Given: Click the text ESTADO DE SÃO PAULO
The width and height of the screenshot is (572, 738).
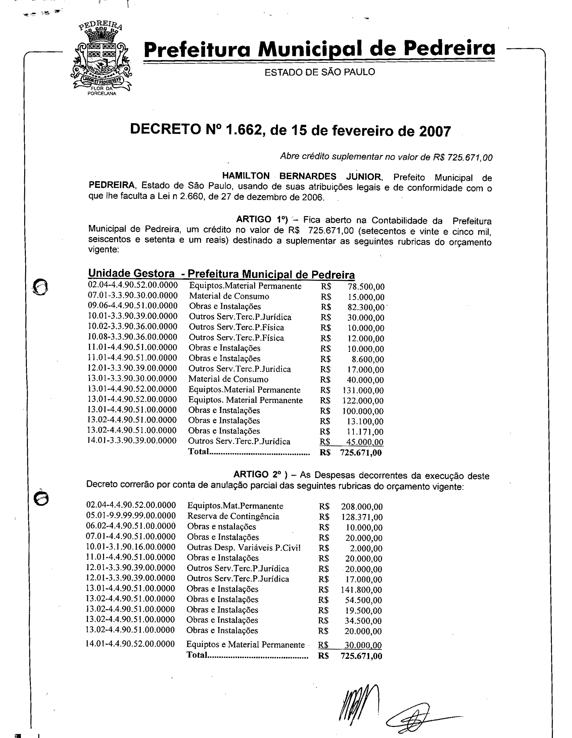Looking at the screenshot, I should tap(320, 72).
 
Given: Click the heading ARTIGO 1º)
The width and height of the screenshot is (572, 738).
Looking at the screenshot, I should tap(261, 220).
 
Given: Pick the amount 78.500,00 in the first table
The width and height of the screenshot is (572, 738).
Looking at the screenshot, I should tap(366, 287).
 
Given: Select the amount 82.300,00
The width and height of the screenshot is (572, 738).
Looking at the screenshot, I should tap(366, 308).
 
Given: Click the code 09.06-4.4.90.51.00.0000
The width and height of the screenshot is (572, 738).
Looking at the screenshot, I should tap(133, 306).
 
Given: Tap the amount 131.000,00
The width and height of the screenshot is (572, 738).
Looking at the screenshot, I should tap(363, 390).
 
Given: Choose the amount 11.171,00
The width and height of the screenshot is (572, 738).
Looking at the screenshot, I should tap(365, 432).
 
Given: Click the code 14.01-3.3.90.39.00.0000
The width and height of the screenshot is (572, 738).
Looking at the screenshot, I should tap(132, 441).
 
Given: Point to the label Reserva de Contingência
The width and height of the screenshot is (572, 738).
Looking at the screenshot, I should tap(233, 516).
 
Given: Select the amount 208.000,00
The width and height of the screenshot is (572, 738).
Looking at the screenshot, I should tap(362, 507).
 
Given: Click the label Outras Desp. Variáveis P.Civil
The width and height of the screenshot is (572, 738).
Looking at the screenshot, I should tap(244, 547).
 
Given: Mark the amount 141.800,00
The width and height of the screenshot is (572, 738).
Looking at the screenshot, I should tap(362, 590).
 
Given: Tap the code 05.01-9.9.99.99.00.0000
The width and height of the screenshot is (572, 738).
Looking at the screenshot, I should tap(131, 516).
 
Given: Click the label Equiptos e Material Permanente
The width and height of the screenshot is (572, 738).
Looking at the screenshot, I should tap(245, 645).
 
